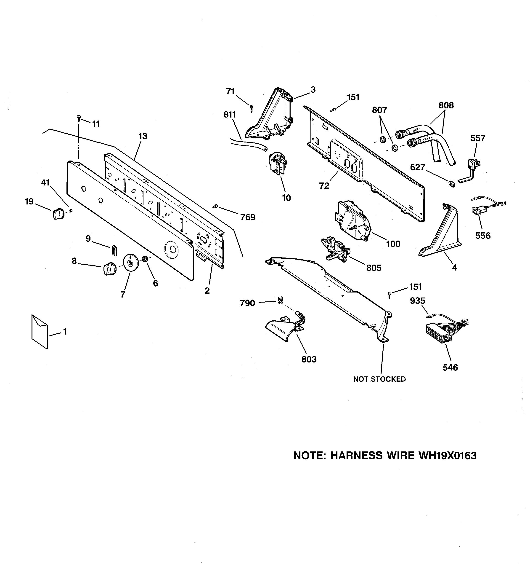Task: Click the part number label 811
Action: [x=230, y=115]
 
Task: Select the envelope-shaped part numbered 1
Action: [x=39, y=331]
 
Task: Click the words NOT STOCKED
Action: [x=379, y=379]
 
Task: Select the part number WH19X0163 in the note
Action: [x=447, y=456]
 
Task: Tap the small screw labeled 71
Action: [x=251, y=108]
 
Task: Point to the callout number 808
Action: [x=446, y=105]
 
